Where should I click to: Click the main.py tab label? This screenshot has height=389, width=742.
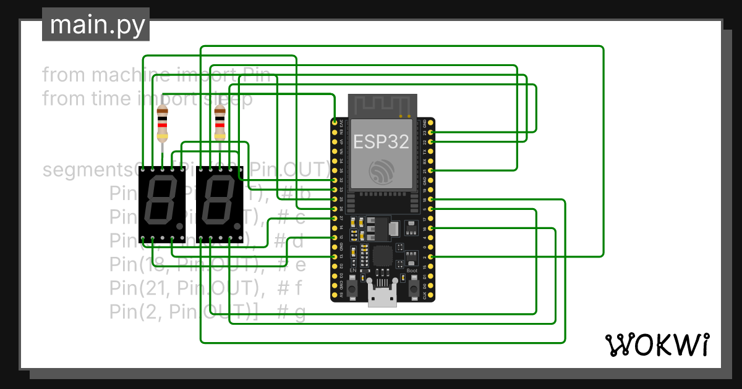tap(95, 25)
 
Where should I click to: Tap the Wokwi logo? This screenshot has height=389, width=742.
tap(656, 345)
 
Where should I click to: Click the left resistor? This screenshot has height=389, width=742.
tap(163, 124)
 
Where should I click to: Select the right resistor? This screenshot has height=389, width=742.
tap(220, 124)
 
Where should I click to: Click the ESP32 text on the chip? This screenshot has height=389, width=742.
tap(381, 142)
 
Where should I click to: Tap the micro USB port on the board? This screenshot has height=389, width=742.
tap(383, 298)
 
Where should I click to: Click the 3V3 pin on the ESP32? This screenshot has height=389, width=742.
tap(335, 123)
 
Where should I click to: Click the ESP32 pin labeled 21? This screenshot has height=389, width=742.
tap(431, 170)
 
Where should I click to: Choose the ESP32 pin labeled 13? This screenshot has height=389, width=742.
tap(335, 256)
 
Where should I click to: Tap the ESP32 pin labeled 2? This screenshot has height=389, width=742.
tap(431, 256)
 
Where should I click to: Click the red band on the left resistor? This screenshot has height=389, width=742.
tap(163, 125)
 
